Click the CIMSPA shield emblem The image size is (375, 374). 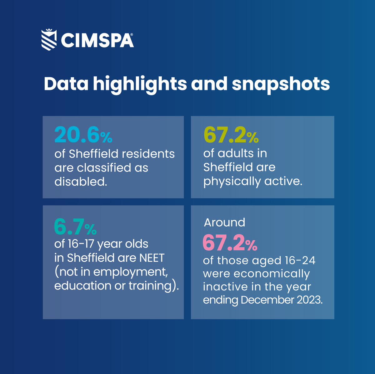[49, 40]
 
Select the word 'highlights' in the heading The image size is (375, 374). [140, 84]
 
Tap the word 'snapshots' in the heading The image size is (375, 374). [281, 84]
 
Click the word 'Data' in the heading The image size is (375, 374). [66, 84]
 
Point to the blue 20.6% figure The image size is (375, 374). [83, 135]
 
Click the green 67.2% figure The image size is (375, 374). [231, 135]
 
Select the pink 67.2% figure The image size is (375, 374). [230, 243]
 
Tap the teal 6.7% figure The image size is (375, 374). [75, 227]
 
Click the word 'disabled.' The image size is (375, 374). [81, 182]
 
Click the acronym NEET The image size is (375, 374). [152, 258]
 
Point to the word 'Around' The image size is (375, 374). [224, 223]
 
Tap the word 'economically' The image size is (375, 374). [272, 274]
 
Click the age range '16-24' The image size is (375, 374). [300, 260]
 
